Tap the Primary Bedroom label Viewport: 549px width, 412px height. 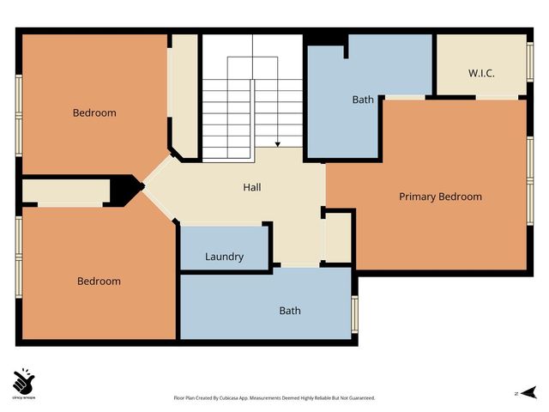point(440,197)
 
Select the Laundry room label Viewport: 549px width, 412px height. point(224,257)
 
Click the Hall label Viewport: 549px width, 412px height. point(251,187)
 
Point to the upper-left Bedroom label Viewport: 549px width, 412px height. point(94,113)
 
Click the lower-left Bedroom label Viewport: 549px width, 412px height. point(99,282)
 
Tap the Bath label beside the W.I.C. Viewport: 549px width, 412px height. point(363,100)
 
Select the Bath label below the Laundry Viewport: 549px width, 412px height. point(290,311)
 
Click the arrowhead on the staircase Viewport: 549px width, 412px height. point(278,144)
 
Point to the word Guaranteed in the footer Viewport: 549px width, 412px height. point(358,398)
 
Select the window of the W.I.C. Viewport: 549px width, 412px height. point(529,64)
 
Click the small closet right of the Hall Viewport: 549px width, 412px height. point(338,237)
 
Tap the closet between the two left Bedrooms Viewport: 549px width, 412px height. point(64,190)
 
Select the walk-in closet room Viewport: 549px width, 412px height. point(480,64)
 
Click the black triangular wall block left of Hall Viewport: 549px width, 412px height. point(128,189)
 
